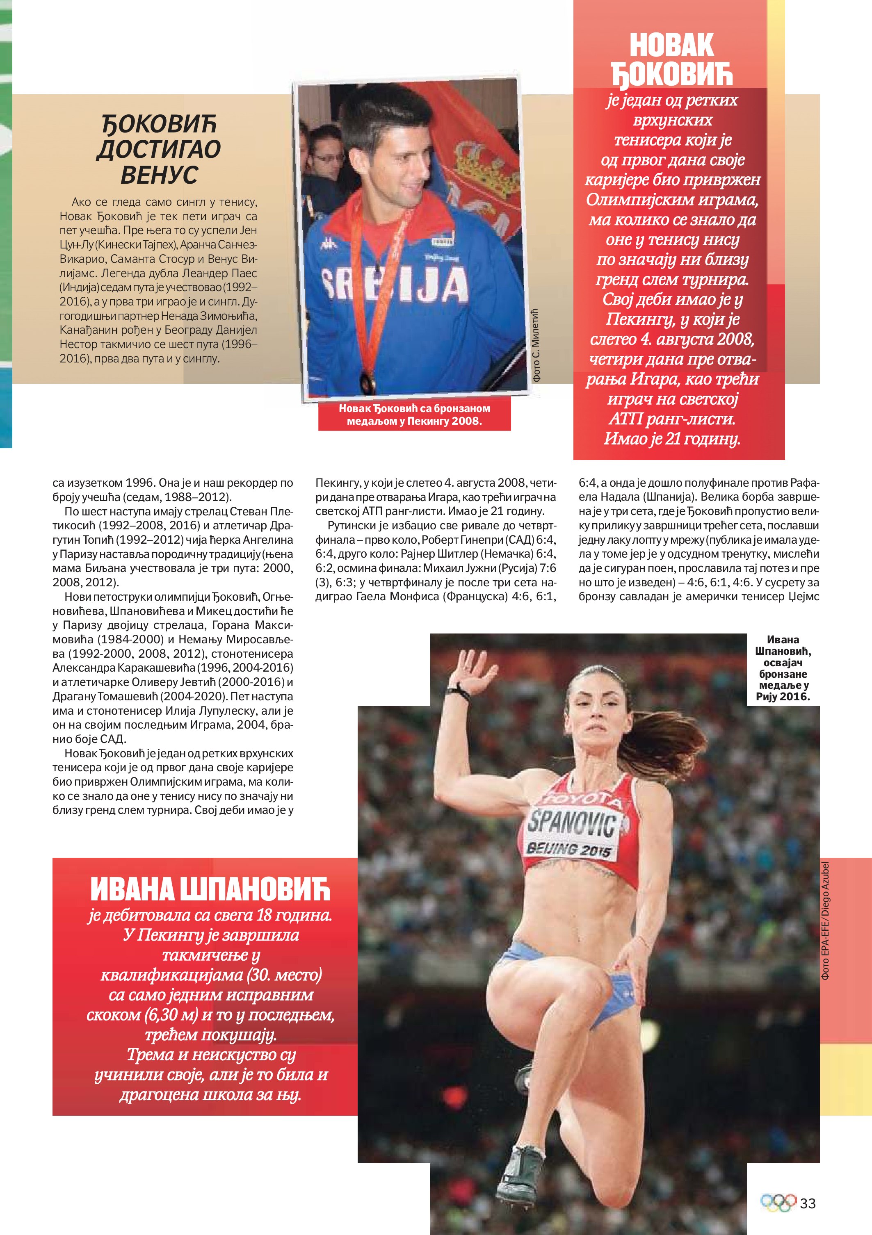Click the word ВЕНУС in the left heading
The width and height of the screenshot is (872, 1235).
[159, 175]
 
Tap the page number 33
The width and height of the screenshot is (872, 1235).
[808, 1203]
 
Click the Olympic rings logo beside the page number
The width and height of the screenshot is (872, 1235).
[778, 1203]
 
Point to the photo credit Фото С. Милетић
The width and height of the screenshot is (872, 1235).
[536, 345]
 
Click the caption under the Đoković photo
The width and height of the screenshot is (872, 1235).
[414, 415]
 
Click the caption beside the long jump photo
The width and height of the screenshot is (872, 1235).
[783, 668]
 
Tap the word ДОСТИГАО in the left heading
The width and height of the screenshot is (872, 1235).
[159, 150]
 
